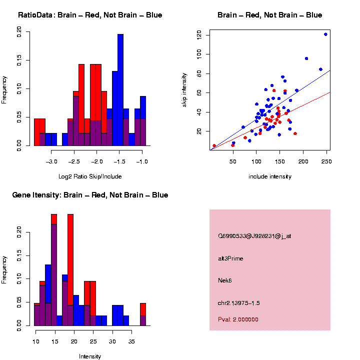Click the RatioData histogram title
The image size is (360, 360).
click(90, 15)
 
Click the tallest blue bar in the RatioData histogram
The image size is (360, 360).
click(120, 90)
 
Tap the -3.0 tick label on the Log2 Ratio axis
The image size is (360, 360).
click(52, 162)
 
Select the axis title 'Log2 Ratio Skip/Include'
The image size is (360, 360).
click(90, 176)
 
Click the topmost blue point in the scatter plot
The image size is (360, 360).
click(325, 34)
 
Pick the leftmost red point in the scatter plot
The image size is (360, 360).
click(214, 145)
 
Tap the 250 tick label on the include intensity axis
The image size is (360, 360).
click(326, 162)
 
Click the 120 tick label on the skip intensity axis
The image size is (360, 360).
click(199, 35)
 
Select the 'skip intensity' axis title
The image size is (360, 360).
click(185, 90)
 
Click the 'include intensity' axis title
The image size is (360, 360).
click(270, 176)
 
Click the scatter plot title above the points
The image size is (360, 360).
click(270, 15)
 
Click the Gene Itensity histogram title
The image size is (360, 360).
click(90, 195)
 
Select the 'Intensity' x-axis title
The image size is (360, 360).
click(90, 356)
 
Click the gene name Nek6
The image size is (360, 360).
click(225, 280)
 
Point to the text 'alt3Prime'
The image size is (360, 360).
click(230, 258)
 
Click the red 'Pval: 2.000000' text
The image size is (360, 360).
click(238, 319)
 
